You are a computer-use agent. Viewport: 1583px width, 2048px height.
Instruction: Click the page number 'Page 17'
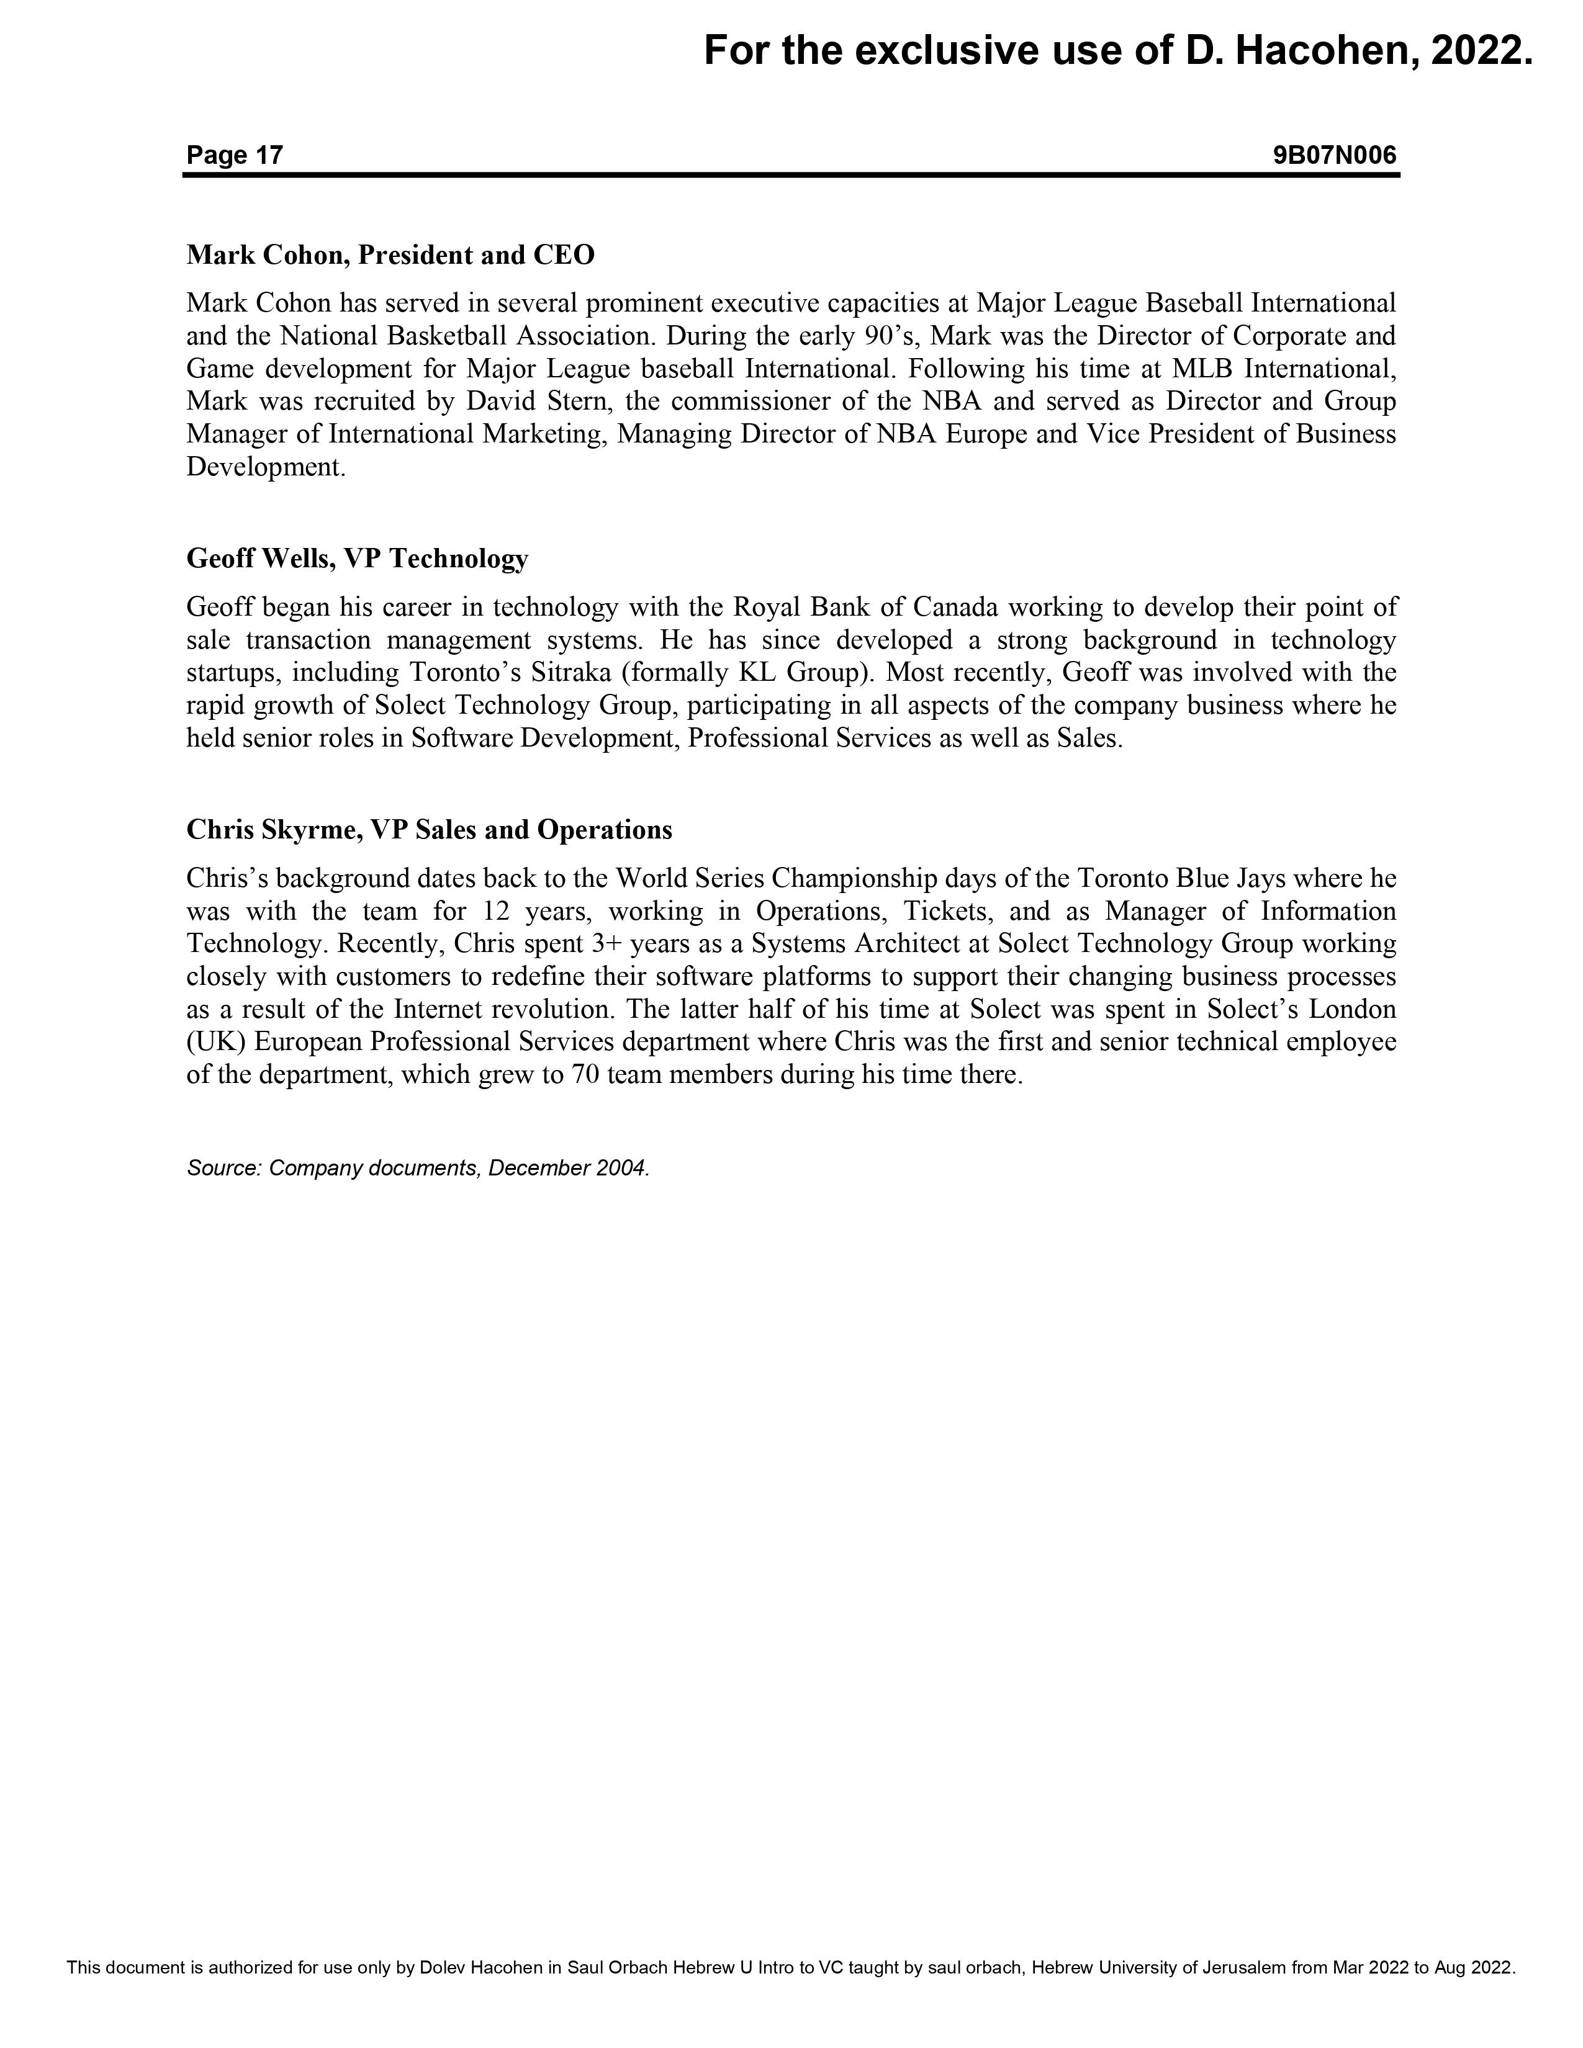point(235,155)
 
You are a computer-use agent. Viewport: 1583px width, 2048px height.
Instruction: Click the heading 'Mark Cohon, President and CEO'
point(390,255)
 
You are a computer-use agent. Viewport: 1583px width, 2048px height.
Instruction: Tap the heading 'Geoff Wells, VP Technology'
point(358,559)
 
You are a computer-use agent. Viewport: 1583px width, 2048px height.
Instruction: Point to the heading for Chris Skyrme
point(430,830)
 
